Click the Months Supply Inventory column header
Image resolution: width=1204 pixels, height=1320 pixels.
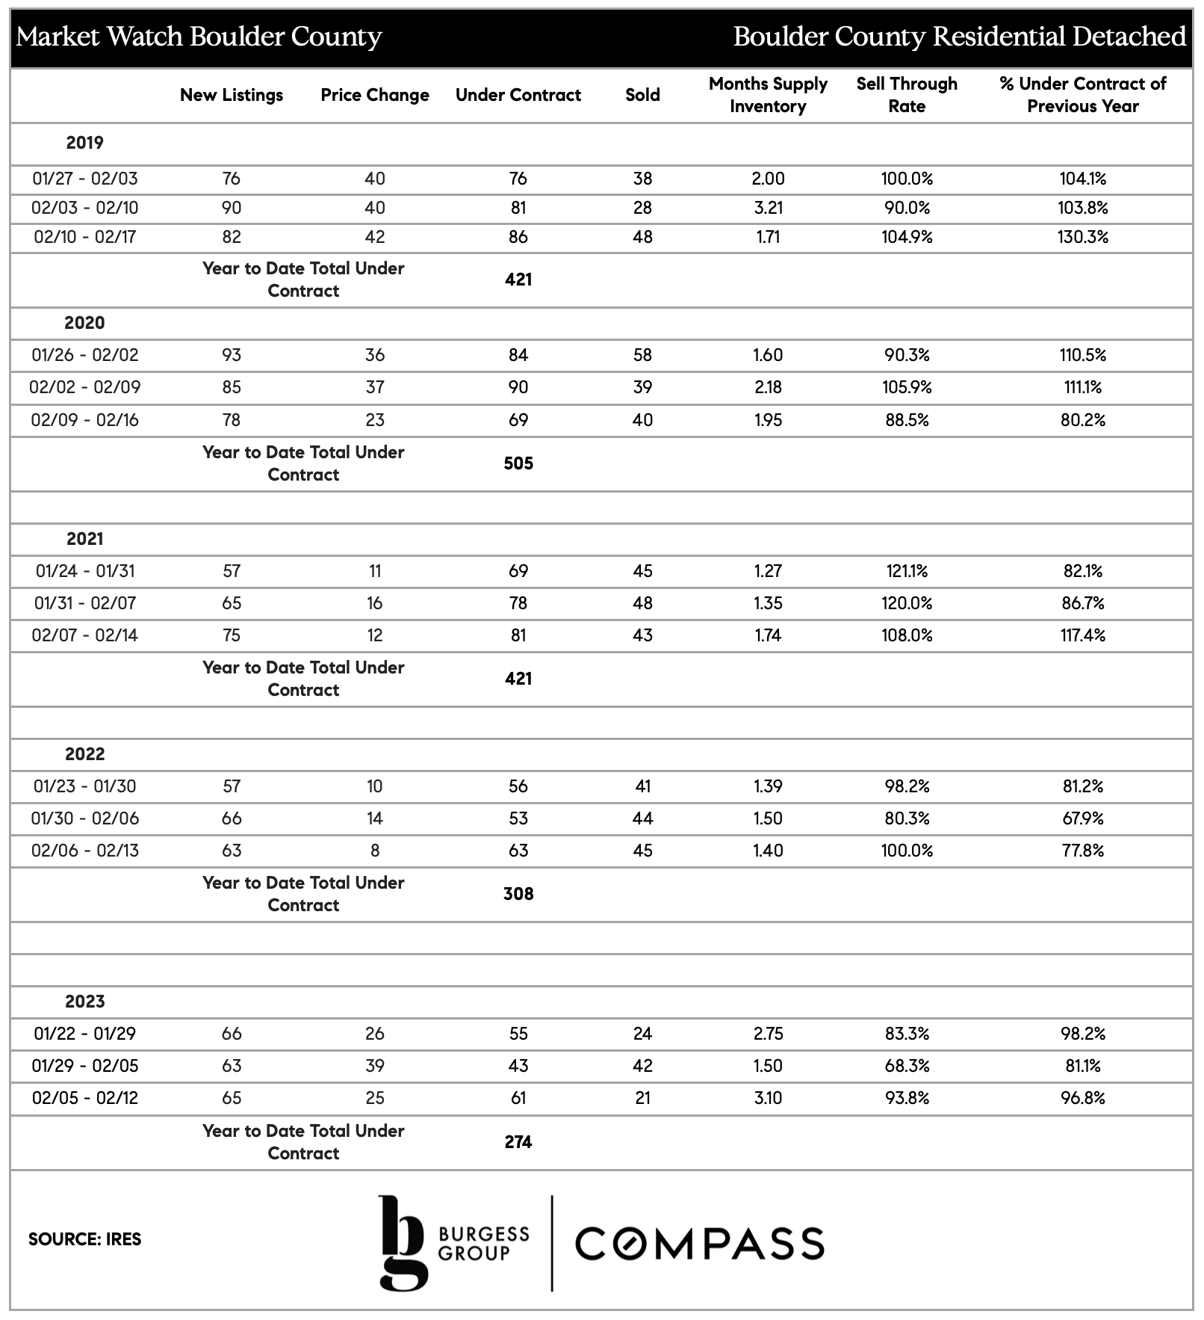click(x=768, y=95)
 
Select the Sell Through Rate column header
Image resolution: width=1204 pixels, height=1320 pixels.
click(x=907, y=95)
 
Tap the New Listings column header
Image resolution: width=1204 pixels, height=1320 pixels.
click(x=232, y=95)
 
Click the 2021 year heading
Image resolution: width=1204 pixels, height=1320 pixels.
click(x=84, y=539)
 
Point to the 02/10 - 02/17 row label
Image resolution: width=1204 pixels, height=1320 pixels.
click(x=84, y=237)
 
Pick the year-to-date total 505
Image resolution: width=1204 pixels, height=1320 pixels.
click(x=518, y=463)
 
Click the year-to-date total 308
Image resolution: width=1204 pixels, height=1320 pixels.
click(x=518, y=894)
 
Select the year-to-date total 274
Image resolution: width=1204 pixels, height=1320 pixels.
click(x=518, y=1142)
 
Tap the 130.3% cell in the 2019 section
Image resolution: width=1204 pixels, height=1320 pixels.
click(x=1083, y=237)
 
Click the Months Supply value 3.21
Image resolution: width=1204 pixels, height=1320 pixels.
click(x=768, y=208)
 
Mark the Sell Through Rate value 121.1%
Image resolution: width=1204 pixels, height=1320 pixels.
click(x=907, y=571)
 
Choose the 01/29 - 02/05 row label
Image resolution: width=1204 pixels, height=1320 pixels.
click(x=84, y=1066)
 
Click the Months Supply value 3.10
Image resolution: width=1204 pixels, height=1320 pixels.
click(x=768, y=1098)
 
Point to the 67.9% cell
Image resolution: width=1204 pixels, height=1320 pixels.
click(x=1083, y=818)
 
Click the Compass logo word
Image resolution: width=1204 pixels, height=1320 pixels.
click(x=700, y=1244)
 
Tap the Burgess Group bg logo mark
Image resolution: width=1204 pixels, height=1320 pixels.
click(x=403, y=1242)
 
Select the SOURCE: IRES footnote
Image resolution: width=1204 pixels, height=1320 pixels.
click(x=84, y=1239)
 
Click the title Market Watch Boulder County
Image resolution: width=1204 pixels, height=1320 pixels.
click(x=199, y=37)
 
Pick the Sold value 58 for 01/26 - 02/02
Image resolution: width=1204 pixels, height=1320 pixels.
click(x=642, y=355)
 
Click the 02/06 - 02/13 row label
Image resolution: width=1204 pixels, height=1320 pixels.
click(x=84, y=851)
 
